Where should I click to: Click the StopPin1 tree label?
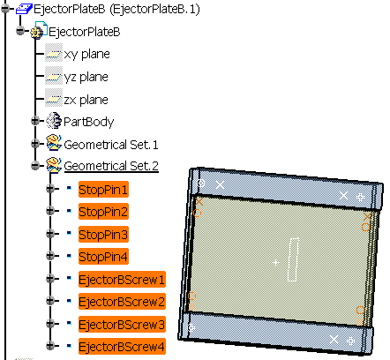[x=103, y=190]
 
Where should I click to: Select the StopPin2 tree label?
[x=103, y=212]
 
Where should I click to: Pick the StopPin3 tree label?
[x=103, y=235]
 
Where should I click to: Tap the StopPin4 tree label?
[x=103, y=257]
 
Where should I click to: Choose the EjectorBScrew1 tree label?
[x=122, y=280]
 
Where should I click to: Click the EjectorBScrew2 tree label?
[x=122, y=302]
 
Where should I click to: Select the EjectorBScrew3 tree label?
[x=122, y=325]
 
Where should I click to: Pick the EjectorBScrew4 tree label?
[x=122, y=347]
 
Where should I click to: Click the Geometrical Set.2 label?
[x=111, y=166]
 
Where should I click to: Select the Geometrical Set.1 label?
[x=111, y=145]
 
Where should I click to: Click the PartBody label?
[x=88, y=122]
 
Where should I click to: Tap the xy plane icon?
[x=54, y=53]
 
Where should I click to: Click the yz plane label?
[x=86, y=77]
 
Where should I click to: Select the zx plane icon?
[x=54, y=99]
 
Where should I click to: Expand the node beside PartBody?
[x=35, y=120]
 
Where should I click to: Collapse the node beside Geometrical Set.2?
[x=35, y=165]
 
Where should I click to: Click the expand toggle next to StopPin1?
[x=50, y=188]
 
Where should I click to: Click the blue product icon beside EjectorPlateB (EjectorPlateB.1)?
[x=24, y=9]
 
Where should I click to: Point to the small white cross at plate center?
[x=275, y=262]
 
